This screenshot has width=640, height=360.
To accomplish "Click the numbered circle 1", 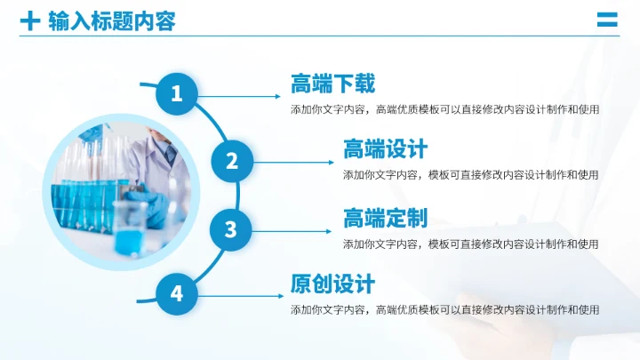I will pyautogui.click(x=177, y=93).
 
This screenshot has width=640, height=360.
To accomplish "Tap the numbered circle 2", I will pyautogui.click(x=231, y=161).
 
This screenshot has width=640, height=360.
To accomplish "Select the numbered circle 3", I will pyautogui.click(x=231, y=229).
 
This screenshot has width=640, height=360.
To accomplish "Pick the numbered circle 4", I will pyautogui.click(x=177, y=293).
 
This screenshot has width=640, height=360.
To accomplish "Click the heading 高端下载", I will pyautogui.click(x=332, y=84).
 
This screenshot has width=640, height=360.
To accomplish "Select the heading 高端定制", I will pyautogui.click(x=385, y=218).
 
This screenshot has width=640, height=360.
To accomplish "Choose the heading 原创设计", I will pyautogui.click(x=332, y=284).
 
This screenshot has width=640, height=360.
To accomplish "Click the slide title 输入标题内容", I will pyautogui.click(x=112, y=20).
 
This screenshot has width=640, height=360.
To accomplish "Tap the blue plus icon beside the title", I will pyautogui.click(x=30, y=20).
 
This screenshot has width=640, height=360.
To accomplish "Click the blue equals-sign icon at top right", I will pyautogui.click(x=607, y=20).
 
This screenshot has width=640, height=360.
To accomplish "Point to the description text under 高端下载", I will pyautogui.click(x=444, y=109).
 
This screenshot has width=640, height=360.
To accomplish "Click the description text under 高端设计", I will pyautogui.click(x=470, y=175).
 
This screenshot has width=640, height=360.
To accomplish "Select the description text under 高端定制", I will pyautogui.click(x=470, y=244).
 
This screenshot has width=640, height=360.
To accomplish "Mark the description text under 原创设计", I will pyautogui.click(x=444, y=310).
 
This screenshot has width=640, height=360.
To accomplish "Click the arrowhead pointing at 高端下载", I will pyautogui.click(x=281, y=95).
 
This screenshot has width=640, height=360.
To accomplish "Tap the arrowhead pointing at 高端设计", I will pyautogui.click(x=333, y=162).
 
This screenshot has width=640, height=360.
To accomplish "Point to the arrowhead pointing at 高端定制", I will pyautogui.click(x=333, y=229).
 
